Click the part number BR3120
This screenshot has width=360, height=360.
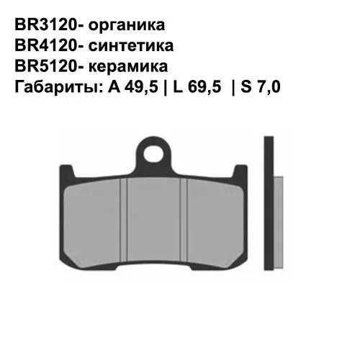[47, 25]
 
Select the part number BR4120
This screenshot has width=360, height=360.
[47, 46]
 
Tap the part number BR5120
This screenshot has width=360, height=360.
[47, 67]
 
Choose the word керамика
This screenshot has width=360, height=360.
[130, 67]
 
